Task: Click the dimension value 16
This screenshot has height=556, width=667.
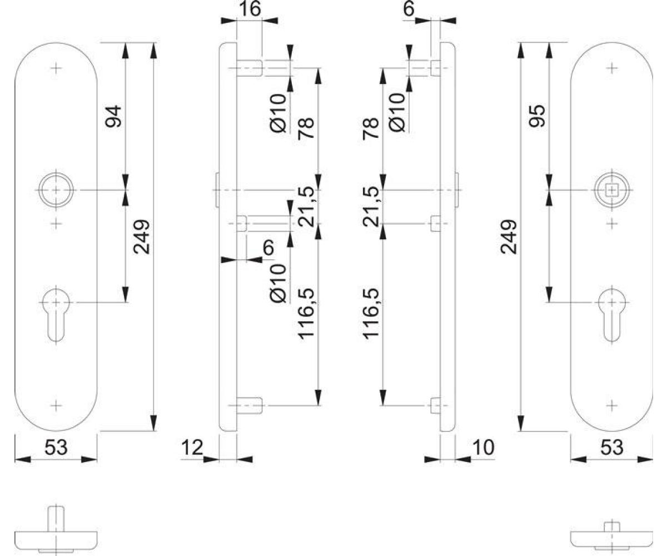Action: (250, 9)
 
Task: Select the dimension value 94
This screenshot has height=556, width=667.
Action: (113, 116)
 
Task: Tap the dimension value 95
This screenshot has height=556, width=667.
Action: (537, 116)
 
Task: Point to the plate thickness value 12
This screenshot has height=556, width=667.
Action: (192, 448)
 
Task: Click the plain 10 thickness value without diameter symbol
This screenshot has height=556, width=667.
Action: (484, 448)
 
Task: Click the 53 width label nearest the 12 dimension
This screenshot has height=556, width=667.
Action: (56, 448)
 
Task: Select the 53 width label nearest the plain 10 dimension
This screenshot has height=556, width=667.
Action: (612, 448)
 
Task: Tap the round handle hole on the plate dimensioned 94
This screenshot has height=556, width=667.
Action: (56, 190)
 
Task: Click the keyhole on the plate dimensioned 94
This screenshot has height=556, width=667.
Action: (56, 315)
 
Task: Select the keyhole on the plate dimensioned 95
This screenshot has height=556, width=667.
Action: (612, 315)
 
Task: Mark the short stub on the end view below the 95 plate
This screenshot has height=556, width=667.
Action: (612, 527)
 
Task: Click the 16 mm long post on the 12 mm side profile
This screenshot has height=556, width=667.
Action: (250, 68)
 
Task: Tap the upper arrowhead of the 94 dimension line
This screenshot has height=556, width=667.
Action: (125, 51)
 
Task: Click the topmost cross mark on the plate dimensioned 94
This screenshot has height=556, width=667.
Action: (56, 68)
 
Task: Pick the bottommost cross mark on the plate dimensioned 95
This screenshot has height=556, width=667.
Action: (612, 405)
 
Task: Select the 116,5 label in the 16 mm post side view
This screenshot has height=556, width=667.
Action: (306, 313)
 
